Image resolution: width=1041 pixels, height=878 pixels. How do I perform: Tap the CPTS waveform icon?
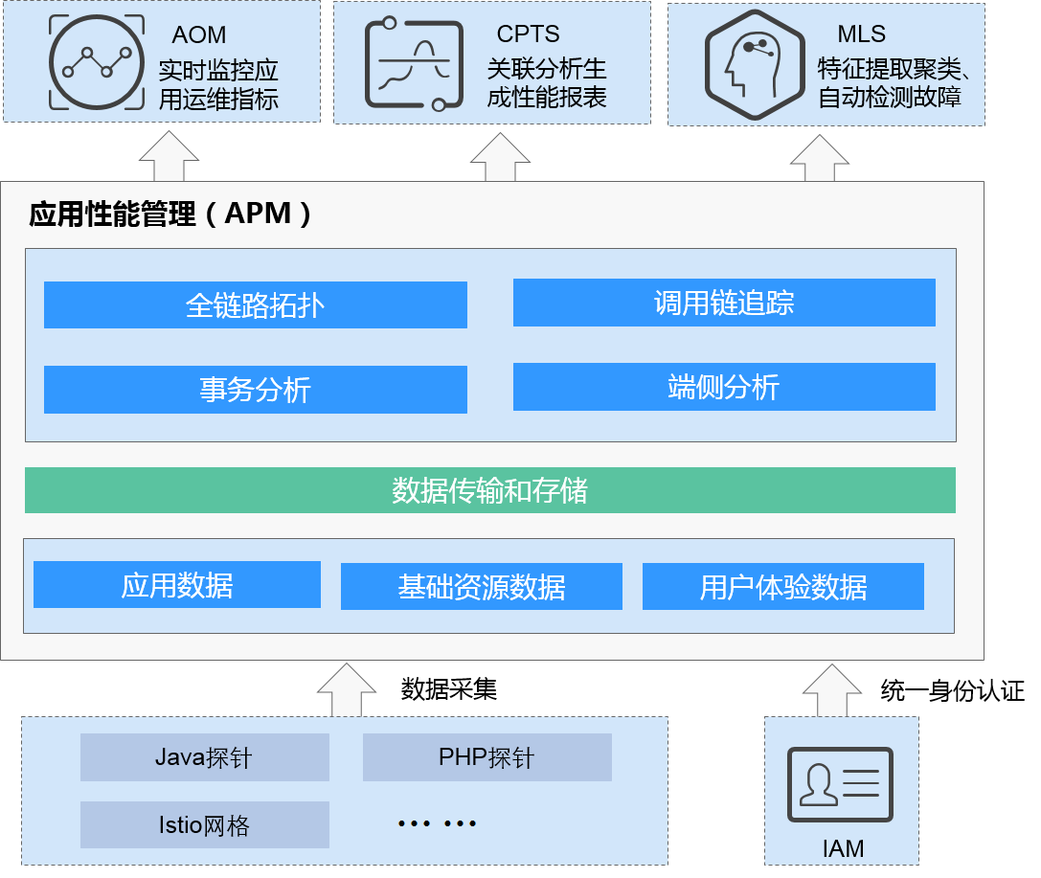point(408,62)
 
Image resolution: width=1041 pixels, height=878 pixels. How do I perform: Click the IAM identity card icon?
point(840,784)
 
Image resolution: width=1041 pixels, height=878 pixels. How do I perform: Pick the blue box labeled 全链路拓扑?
point(256,304)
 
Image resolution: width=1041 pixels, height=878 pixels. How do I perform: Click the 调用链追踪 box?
point(724,303)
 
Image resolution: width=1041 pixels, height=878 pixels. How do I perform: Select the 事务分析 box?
point(256,390)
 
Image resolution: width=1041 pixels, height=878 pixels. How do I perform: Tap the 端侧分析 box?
point(724,387)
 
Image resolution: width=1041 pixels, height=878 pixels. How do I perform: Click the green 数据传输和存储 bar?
point(490,490)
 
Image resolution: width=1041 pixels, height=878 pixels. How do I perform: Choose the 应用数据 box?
point(177,584)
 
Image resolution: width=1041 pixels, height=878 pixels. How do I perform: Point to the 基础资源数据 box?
point(482,586)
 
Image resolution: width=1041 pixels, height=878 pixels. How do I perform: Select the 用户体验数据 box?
point(783,586)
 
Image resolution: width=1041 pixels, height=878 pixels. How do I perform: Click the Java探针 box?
point(205,758)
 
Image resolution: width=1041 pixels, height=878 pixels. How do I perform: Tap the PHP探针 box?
point(487,757)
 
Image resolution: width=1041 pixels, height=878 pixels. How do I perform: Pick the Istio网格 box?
point(205,824)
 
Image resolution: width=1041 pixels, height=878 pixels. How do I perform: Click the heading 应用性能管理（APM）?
point(171,214)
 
